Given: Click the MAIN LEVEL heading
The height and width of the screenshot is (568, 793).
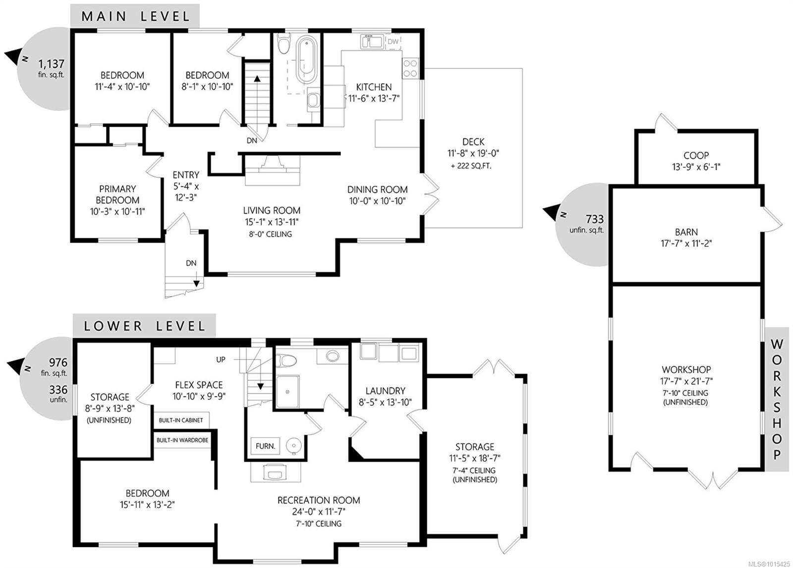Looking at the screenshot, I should click(135, 16).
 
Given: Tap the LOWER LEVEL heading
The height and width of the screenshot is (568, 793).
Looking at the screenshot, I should click(144, 326).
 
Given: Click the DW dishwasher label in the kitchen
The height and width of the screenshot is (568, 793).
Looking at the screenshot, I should click(393, 42).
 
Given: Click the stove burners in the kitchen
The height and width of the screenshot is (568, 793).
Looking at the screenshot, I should click(410, 68).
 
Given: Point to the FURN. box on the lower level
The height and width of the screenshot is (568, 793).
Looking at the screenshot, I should click(265, 446).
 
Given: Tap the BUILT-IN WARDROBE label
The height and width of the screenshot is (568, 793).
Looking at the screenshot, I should click(182, 440).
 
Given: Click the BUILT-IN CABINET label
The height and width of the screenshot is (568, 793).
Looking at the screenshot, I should click(181, 420).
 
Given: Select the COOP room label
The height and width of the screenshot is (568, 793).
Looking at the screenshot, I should click(696, 155).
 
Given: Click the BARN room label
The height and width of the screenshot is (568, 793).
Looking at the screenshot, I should click(686, 232).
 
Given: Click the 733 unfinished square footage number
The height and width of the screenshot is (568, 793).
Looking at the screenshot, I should click(594, 219).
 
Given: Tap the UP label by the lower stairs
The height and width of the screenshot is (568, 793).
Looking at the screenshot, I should click(221, 360).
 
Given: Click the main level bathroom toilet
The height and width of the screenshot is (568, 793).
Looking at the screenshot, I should click(283, 45).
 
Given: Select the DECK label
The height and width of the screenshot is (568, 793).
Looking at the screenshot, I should click(473, 142).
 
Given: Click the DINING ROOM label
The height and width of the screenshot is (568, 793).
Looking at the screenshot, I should click(377, 189).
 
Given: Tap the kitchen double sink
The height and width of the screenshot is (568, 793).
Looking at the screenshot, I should click(371, 42).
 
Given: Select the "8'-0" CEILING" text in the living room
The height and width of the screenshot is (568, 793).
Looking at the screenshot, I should click(271, 234).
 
